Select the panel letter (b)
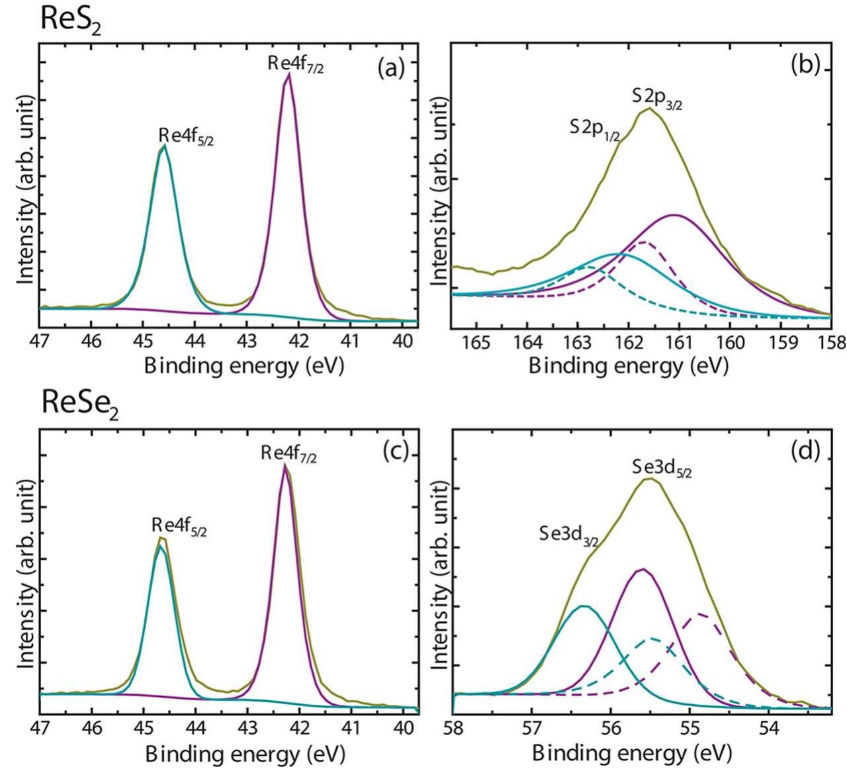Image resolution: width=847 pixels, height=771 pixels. [805, 67]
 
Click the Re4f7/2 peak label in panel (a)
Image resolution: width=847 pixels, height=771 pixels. [296, 65]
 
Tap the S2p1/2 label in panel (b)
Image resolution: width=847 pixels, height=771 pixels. [595, 128]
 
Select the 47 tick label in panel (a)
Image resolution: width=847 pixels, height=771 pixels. [40, 343]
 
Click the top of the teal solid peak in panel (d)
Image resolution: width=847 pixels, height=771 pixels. [583, 606]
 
